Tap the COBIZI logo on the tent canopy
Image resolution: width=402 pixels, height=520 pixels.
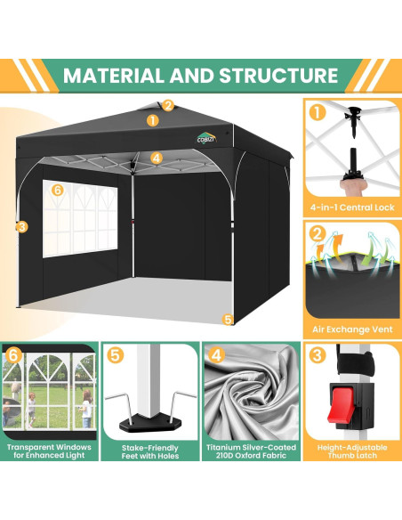coord(206,138)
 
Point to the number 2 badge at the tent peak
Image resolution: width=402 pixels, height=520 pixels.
coord(168,105)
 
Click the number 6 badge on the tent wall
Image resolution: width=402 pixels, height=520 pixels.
coord(57,190)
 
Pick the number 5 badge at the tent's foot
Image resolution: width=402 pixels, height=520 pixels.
coord(228,318)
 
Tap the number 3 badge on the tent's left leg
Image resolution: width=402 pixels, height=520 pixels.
coord(20,226)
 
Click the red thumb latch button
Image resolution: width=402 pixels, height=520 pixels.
coord(348,416)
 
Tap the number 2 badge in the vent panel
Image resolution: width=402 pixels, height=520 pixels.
coord(318,234)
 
